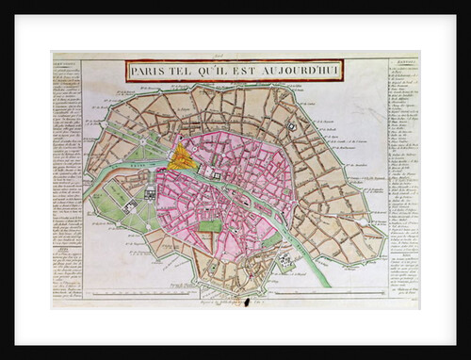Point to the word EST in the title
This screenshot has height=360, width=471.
click(x=248, y=71)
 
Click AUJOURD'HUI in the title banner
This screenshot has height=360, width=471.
click(x=300, y=71)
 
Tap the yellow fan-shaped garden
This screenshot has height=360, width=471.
click(x=183, y=157)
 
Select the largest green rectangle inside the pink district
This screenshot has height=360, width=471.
click(x=212, y=225)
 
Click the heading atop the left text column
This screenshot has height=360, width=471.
click(x=65, y=66)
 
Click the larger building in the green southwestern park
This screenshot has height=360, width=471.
click(x=129, y=205)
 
